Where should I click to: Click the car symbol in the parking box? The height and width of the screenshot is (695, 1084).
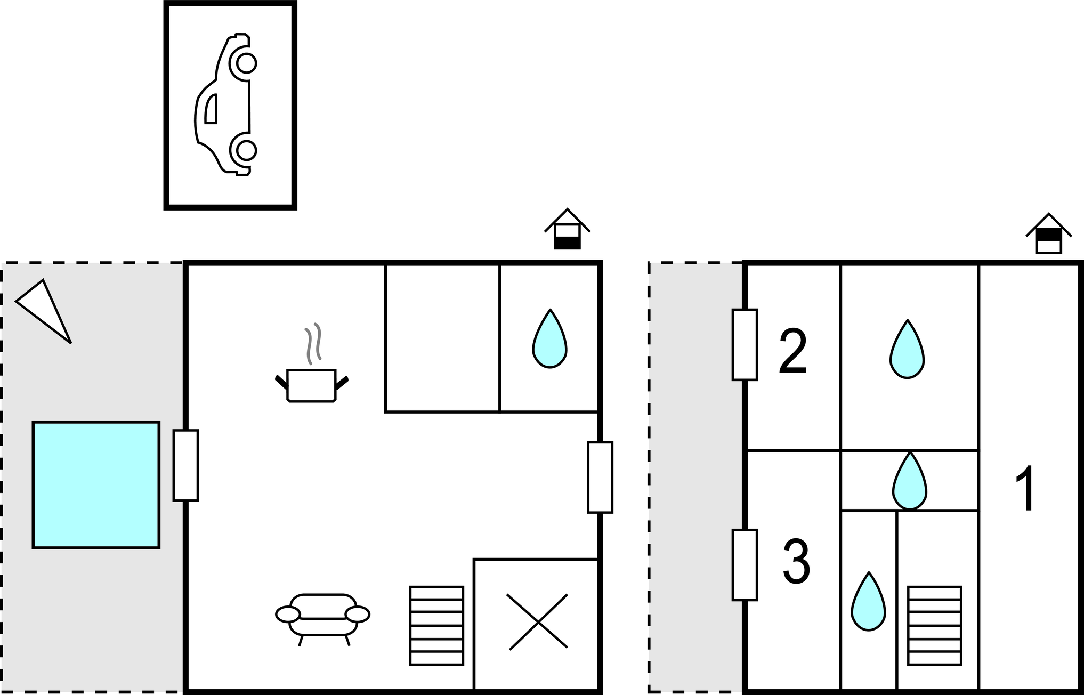[x=225, y=104]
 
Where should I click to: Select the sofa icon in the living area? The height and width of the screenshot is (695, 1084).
[x=323, y=619]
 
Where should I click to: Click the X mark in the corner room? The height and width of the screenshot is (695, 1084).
[x=538, y=622]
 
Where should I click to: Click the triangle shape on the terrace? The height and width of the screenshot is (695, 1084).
[x=44, y=311]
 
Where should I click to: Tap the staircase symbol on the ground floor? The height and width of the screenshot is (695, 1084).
[x=436, y=626]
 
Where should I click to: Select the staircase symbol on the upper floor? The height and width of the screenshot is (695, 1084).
[x=935, y=626]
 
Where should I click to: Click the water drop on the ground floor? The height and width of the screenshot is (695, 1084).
[x=549, y=339]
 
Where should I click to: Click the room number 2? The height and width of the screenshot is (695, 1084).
[x=793, y=351]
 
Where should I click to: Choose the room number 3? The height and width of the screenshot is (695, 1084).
[x=796, y=561]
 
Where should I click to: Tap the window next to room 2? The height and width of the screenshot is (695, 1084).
[x=745, y=345]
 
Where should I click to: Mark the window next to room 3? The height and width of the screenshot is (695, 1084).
[x=745, y=565]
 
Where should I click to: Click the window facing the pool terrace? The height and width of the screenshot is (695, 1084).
[x=185, y=465]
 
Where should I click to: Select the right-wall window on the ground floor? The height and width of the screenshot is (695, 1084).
[x=600, y=478]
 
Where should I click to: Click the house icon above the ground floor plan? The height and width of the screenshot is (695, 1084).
[x=567, y=229]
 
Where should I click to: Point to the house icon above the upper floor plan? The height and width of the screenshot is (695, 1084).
[x=1049, y=233]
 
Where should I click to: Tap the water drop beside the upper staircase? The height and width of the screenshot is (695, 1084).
[x=868, y=602]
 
